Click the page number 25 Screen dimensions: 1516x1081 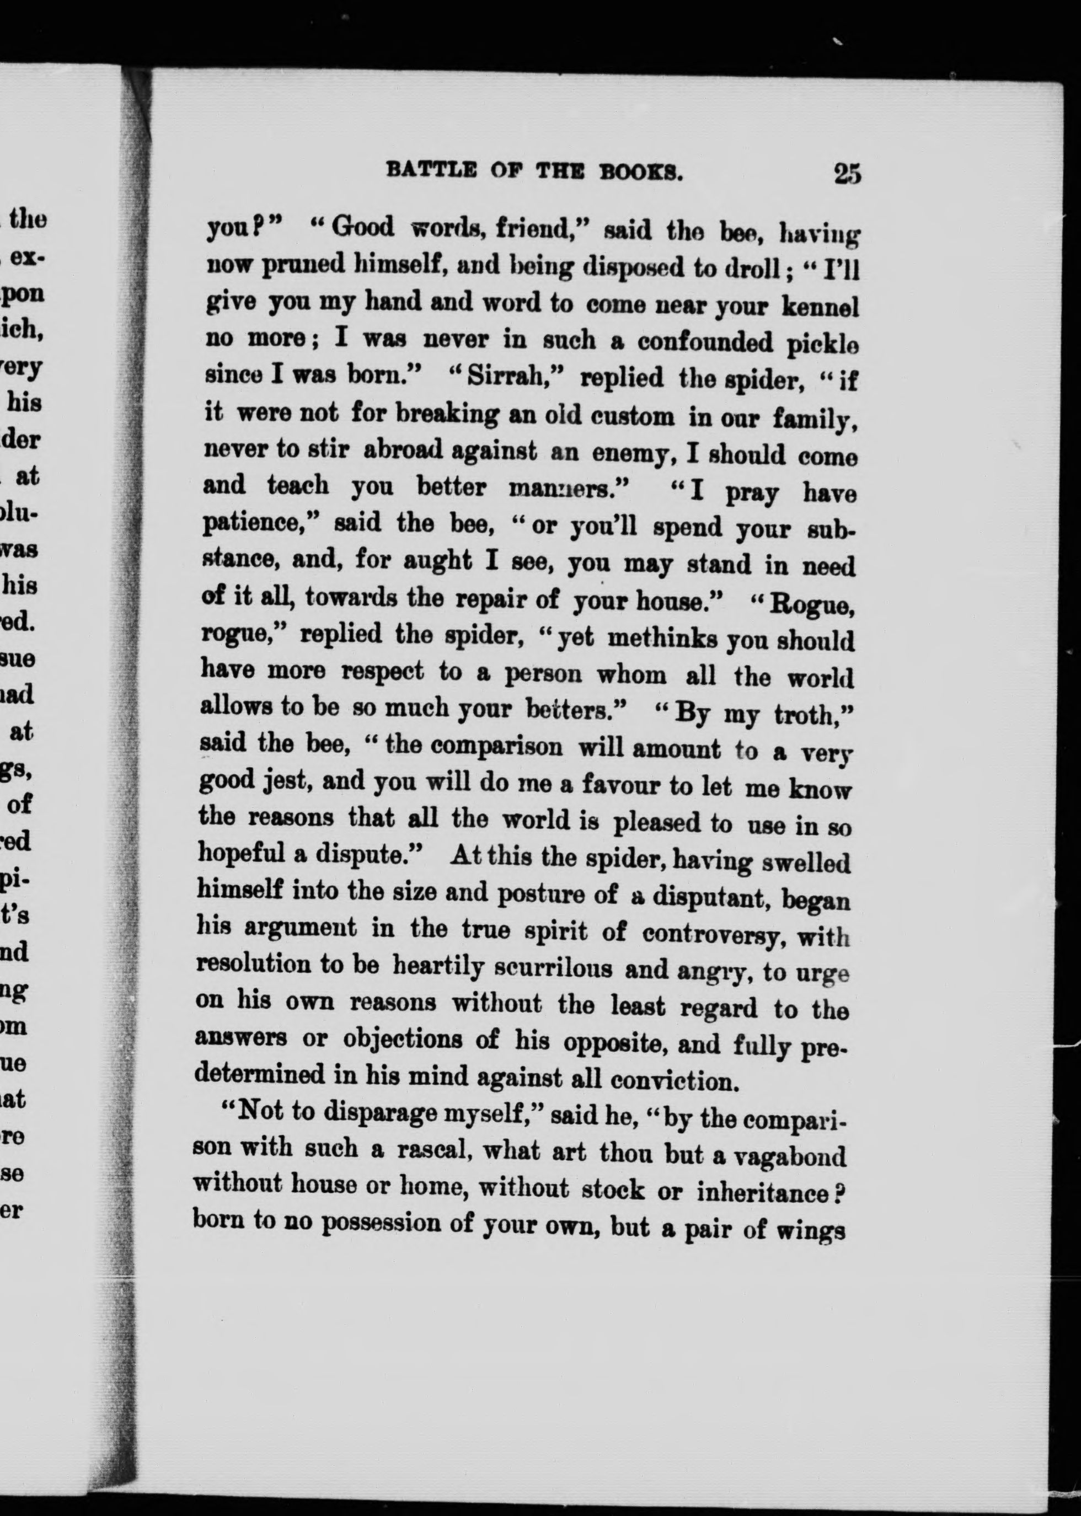click(847, 174)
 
